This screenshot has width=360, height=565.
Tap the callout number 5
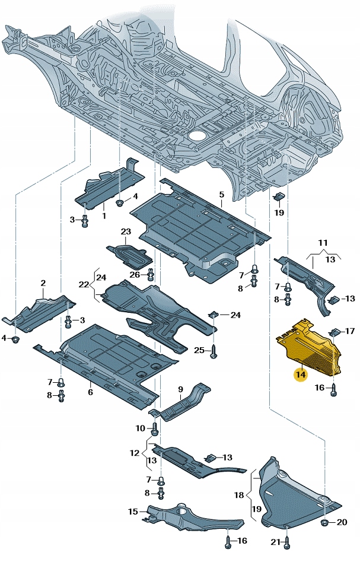pos(221,195)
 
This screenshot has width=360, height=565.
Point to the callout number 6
pos(90,392)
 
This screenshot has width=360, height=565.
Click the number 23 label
pos(126,231)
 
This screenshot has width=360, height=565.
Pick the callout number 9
pos(181,389)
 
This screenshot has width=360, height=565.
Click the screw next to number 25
pos(214,351)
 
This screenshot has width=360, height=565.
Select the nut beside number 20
pos(325,522)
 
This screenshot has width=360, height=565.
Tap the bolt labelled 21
pos(287,541)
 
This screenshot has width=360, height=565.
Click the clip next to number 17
pos(334,331)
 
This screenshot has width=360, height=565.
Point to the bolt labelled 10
pos(155,428)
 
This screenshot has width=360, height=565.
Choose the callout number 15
pos(134,511)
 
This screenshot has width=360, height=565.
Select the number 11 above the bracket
pos(322,243)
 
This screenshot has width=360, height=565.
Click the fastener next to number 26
pos(151,275)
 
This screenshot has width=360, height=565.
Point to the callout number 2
pos(43,284)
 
